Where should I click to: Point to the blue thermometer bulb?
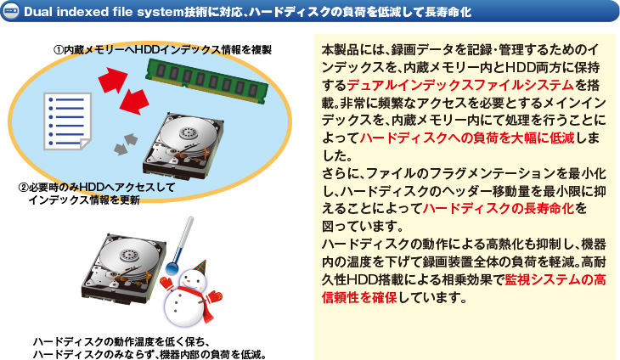172,271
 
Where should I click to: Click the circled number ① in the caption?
59,50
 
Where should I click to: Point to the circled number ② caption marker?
23,187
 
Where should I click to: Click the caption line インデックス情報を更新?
83,200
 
